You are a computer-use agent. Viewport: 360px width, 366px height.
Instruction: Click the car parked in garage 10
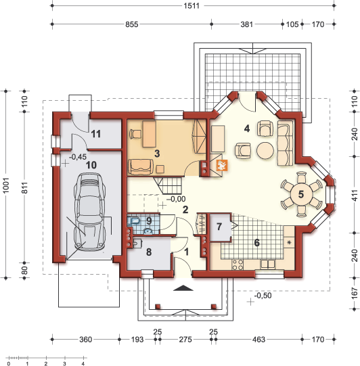coord(90,212)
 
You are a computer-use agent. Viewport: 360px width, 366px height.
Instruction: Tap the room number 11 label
coord(95,134)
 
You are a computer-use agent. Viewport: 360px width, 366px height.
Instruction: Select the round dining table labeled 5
coord(301,194)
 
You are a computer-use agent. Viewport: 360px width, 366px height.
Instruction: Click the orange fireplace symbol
coord(221,165)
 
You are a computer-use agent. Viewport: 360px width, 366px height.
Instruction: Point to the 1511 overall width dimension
coord(192,5)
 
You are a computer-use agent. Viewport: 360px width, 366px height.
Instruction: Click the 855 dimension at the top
coord(132,24)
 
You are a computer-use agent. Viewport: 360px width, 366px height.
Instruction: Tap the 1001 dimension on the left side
coord(6,185)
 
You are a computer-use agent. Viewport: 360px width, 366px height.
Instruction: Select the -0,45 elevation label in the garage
coord(78,157)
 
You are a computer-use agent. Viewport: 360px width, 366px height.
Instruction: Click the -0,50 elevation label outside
coord(263,296)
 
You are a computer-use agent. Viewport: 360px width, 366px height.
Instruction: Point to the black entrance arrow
coord(183,288)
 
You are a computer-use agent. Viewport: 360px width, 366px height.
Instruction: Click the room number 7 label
coord(219,227)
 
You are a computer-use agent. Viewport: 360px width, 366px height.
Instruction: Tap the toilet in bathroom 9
coord(133,220)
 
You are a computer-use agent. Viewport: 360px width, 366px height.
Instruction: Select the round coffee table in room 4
coord(265,151)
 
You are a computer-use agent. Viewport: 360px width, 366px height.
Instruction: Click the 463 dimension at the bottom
coord(258,339)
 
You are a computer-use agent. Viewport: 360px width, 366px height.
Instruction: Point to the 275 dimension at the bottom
coord(185,339)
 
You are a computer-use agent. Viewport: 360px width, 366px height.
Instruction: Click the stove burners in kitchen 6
coord(238,265)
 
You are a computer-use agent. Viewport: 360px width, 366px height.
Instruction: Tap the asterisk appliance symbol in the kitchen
coord(289,242)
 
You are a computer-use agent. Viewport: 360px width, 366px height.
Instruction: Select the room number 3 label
coord(157,154)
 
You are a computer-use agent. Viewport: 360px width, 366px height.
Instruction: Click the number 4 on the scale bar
coord(83,363)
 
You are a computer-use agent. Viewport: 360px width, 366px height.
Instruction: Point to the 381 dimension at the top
coord(247,24)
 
